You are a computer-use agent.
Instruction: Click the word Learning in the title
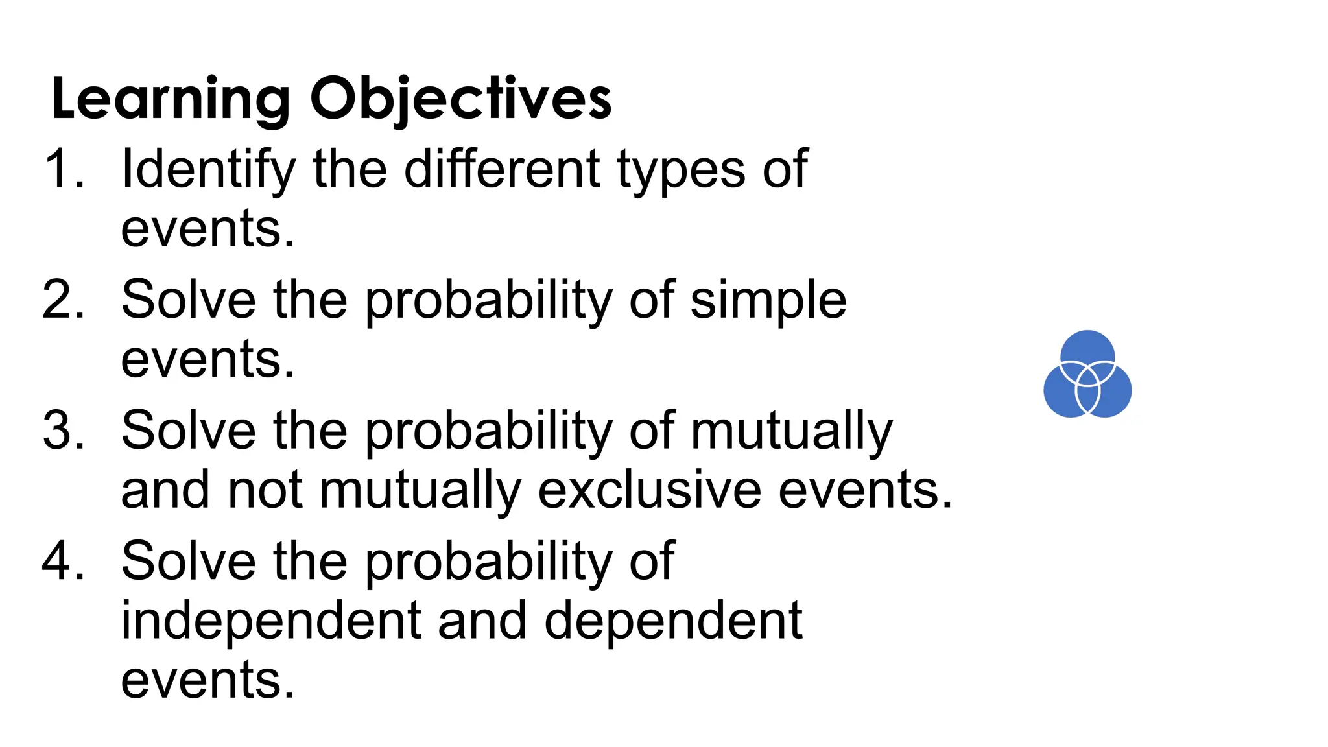(171, 99)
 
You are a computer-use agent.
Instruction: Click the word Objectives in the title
(460, 99)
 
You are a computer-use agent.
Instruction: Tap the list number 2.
(64, 300)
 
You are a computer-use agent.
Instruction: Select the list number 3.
(64, 431)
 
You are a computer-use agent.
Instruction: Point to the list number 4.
(64, 562)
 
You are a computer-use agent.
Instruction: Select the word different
(503, 169)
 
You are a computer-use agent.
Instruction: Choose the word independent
(272, 621)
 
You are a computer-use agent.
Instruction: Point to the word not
(265, 491)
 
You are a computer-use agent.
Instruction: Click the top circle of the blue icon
(1087, 348)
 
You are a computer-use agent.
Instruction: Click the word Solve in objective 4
(189, 562)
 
